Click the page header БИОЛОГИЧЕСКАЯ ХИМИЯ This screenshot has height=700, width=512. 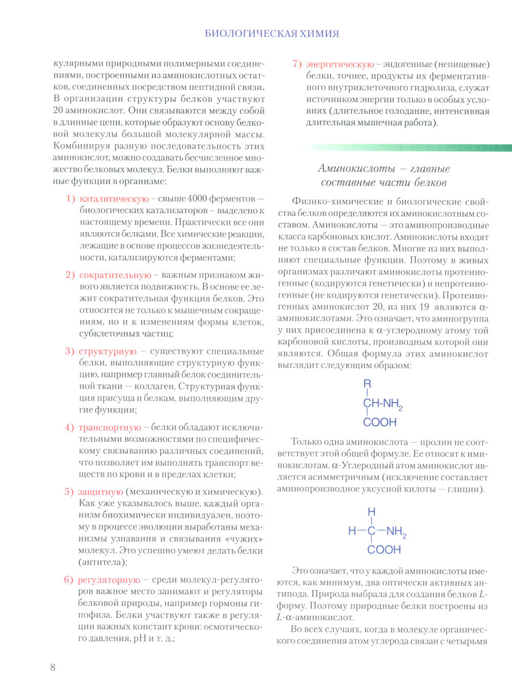pos(271,34)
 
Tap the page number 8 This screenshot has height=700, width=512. pos(53,667)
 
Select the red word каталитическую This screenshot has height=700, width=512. pos(114,198)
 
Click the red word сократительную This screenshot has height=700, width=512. pos(115,275)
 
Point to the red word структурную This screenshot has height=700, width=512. pos(108,351)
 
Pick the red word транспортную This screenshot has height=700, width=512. pos(110,427)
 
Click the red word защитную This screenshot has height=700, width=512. pos(100,491)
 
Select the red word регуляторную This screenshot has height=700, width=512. pos(109,579)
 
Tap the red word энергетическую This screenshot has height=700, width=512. pos(340,64)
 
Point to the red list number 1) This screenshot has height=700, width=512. pos(71,198)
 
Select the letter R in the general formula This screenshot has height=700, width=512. pos(367,384)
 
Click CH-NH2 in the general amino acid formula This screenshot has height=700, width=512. pos(382,403)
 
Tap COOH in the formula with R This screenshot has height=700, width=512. pos(380,422)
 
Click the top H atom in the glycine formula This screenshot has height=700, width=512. pos(371,512)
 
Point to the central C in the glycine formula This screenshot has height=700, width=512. pos(371,531)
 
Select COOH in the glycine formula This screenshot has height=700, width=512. pos(383,550)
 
